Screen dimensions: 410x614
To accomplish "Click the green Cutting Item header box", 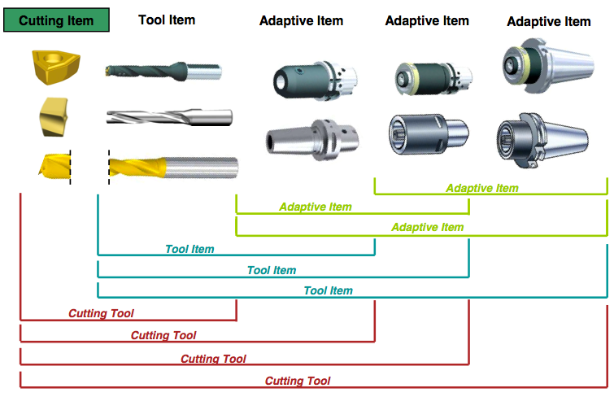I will click(x=56, y=20).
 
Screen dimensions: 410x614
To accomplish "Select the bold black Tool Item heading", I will click(x=167, y=20).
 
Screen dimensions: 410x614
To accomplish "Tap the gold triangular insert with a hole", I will click(x=50, y=66).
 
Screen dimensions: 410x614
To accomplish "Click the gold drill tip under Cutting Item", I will click(x=50, y=165).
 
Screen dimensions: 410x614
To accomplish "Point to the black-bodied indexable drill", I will click(x=163, y=72).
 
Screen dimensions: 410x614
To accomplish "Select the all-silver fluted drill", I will click(x=168, y=118).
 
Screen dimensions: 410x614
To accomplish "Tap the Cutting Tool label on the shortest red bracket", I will click(x=101, y=313).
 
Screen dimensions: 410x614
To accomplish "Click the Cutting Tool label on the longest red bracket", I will click(x=298, y=381).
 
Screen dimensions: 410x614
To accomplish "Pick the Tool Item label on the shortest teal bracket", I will click(x=189, y=249).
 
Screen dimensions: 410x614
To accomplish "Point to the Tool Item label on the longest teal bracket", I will click(x=328, y=290).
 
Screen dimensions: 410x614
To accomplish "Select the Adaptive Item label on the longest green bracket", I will click(x=427, y=228).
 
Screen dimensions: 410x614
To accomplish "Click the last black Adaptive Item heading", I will click(x=548, y=22).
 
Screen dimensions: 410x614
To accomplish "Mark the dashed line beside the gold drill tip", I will click(x=70, y=165).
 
